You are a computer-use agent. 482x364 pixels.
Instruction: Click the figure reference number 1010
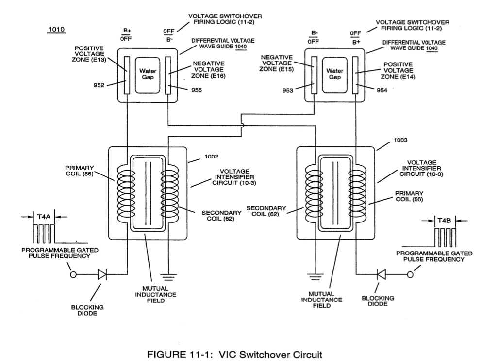(x=57, y=30)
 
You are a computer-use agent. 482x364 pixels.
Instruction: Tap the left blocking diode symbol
(x=102, y=274)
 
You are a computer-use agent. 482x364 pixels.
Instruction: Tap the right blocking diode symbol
(x=381, y=274)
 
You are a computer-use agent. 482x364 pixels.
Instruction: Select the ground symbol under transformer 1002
(x=168, y=277)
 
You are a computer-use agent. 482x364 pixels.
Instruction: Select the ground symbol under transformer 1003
(x=314, y=277)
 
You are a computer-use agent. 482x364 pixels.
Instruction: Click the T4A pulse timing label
(x=44, y=217)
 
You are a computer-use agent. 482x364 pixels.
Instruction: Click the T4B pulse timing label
(x=444, y=221)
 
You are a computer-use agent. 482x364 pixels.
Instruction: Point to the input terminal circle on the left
(x=73, y=275)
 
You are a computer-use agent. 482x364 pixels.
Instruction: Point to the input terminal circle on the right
(x=410, y=275)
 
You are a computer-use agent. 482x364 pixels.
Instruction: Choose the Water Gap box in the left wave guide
(x=148, y=75)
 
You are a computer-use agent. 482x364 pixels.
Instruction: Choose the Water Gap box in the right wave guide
(x=334, y=75)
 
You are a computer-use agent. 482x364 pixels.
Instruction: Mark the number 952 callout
(x=99, y=85)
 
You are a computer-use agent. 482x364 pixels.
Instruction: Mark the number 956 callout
(x=197, y=90)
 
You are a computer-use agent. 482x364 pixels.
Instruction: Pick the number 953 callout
(x=288, y=90)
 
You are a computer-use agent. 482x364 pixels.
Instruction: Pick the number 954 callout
(x=382, y=90)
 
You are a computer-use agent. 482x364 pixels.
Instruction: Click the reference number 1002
(x=212, y=157)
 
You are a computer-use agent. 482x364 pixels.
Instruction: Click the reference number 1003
(x=400, y=140)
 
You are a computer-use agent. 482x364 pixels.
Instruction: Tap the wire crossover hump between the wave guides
(x=243, y=125)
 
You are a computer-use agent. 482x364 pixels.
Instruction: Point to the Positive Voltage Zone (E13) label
(x=89, y=54)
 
